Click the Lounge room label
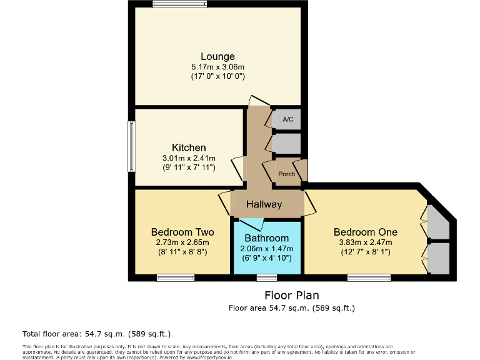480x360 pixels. (x=217, y=56)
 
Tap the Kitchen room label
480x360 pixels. (x=189, y=147)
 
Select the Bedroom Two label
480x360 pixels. (x=174, y=232)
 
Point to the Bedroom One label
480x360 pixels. (x=365, y=232)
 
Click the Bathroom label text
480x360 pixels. (x=266, y=238)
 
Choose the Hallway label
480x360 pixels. (x=264, y=204)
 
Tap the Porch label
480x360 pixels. (x=287, y=174)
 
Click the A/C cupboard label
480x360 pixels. (x=287, y=119)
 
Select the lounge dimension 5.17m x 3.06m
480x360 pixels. (x=217, y=67)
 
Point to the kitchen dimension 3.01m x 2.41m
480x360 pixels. (x=189, y=158)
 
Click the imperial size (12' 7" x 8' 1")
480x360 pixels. (x=365, y=252)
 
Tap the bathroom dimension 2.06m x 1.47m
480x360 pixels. (x=266, y=248)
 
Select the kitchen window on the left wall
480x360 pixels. (x=132, y=146)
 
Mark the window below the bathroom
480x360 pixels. (x=267, y=277)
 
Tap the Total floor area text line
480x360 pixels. (x=96, y=334)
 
